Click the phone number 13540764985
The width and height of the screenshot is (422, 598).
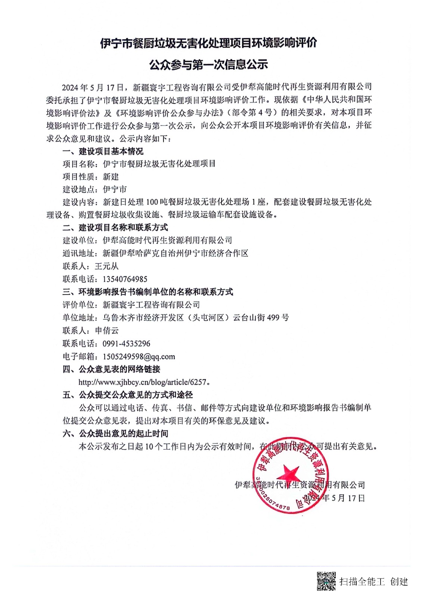click(x=125, y=279)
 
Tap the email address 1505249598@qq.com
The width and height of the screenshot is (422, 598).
click(x=139, y=357)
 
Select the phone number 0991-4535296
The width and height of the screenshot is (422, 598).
click(x=126, y=343)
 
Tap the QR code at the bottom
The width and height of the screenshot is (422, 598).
click(x=326, y=581)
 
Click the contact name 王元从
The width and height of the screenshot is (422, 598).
click(x=106, y=266)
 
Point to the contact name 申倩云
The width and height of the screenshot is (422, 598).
click(x=106, y=330)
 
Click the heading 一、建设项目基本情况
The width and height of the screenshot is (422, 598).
click(x=103, y=151)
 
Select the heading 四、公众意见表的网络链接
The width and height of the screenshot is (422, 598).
click(x=111, y=369)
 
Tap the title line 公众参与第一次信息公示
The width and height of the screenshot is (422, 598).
click(x=208, y=65)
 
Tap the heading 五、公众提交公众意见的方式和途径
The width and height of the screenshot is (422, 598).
click(x=127, y=395)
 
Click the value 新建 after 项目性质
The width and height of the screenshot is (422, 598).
click(x=111, y=176)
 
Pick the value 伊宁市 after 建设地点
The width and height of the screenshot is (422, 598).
click(x=115, y=189)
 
